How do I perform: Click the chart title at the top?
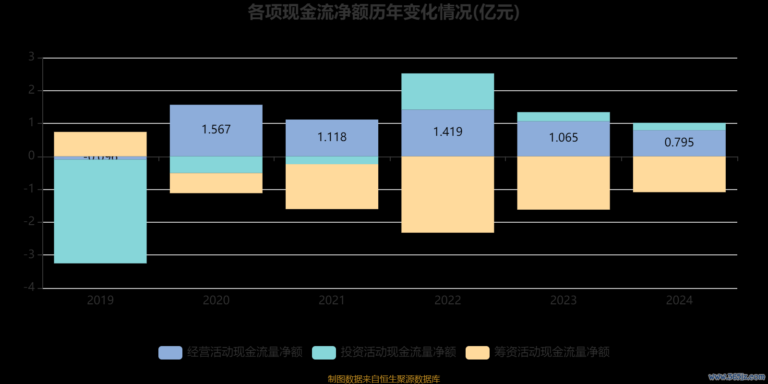pyautogui.click(x=384, y=12)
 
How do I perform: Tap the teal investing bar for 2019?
pyautogui.click(x=100, y=211)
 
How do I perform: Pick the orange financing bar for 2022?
pyautogui.click(x=447, y=194)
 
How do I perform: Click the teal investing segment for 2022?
pyautogui.click(x=447, y=91)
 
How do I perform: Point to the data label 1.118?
pyautogui.click(x=332, y=137)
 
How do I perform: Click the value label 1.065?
pyautogui.click(x=563, y=138)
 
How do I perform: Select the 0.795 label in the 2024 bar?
pyautogui.click(x=679, y=143)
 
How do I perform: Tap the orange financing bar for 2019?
pyautogui.click(x=100, y=144)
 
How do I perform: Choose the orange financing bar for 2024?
pyautogui.click(x=679, y=174)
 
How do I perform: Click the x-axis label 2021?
pyautogui.click(x=332, y=300)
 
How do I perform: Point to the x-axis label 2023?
pyautogui.click(x=563, y=300)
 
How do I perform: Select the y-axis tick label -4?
pyautogui.click(x=30, y=287)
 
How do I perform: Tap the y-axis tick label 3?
pyautogui.click(x=32, y=57)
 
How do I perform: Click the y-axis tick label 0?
pyautogui.click(x=32, y=156)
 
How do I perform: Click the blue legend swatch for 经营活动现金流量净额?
pyautogui.click(x=170, y=353)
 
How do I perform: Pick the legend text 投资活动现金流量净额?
pyautogui.click(x=398, y=352)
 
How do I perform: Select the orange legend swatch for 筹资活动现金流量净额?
pyautogui.click(x=477, y=353)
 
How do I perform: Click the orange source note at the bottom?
pyautogui.click(x=384, y=379)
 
